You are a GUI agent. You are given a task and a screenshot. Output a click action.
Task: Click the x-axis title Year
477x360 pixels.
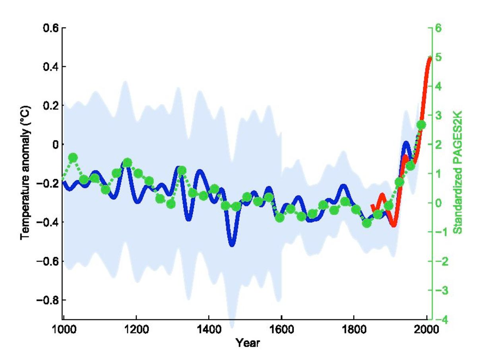point(247,342)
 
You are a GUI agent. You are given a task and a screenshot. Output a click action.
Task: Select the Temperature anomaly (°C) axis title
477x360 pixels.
point(26,172)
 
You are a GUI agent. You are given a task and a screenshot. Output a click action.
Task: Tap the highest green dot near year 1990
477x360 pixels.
point(421,125)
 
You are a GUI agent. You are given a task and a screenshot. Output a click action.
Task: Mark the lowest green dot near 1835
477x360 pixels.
point(367,223)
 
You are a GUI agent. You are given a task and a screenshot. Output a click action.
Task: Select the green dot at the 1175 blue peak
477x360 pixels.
point(128,163)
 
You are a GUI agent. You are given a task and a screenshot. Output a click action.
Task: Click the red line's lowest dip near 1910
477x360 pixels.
point(394,225)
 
